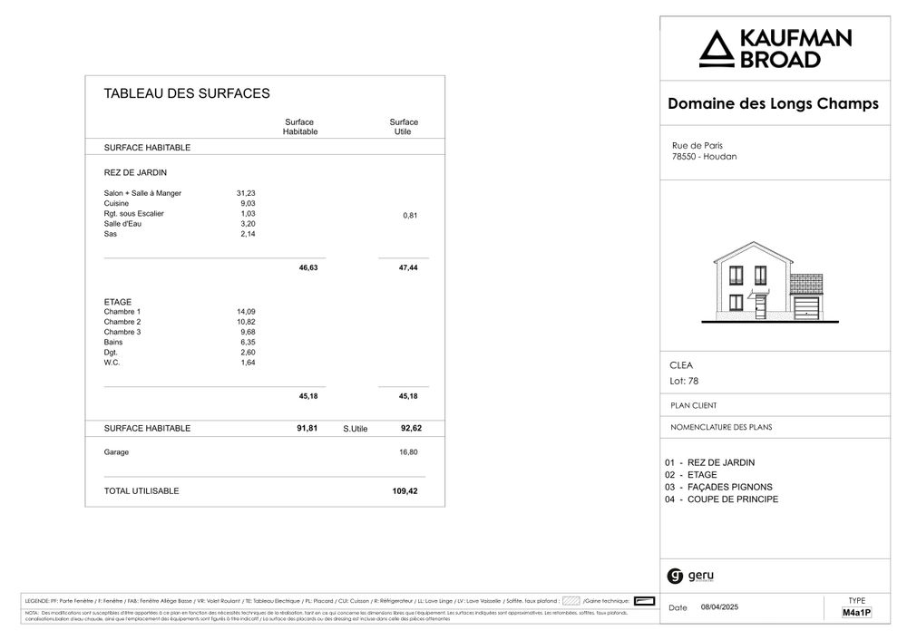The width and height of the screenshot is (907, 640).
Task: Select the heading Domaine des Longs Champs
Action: (x=773, y=104)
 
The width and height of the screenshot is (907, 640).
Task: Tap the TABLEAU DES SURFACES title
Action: (x=187, y=93)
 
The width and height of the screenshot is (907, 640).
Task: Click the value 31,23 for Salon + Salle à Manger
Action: (x=246, y=193)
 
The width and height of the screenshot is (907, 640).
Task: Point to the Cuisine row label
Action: (x=116, y=204)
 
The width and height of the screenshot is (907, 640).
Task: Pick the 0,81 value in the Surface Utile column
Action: (x=410, y=215)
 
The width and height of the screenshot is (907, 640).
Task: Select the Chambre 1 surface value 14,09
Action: (x=246, y=312)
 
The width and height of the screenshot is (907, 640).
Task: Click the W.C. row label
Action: (x=112, y=363)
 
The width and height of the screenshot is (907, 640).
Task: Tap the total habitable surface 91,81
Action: (x=307, y=428)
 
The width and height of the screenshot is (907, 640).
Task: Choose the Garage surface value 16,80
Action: (x=408, y=451)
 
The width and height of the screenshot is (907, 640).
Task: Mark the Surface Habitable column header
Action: (x=299, y=127)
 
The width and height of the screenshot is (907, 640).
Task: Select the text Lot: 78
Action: (x=684, y=382)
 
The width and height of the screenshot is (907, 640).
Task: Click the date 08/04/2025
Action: (x=720, y=607)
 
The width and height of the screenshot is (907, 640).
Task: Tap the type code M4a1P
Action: (x=856, y=614)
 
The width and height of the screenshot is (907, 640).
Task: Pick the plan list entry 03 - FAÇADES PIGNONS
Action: (x=718, y=488)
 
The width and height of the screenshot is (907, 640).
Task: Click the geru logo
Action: (x=690, y=576)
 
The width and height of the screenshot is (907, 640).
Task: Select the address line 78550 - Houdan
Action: (x=704, y=157)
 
